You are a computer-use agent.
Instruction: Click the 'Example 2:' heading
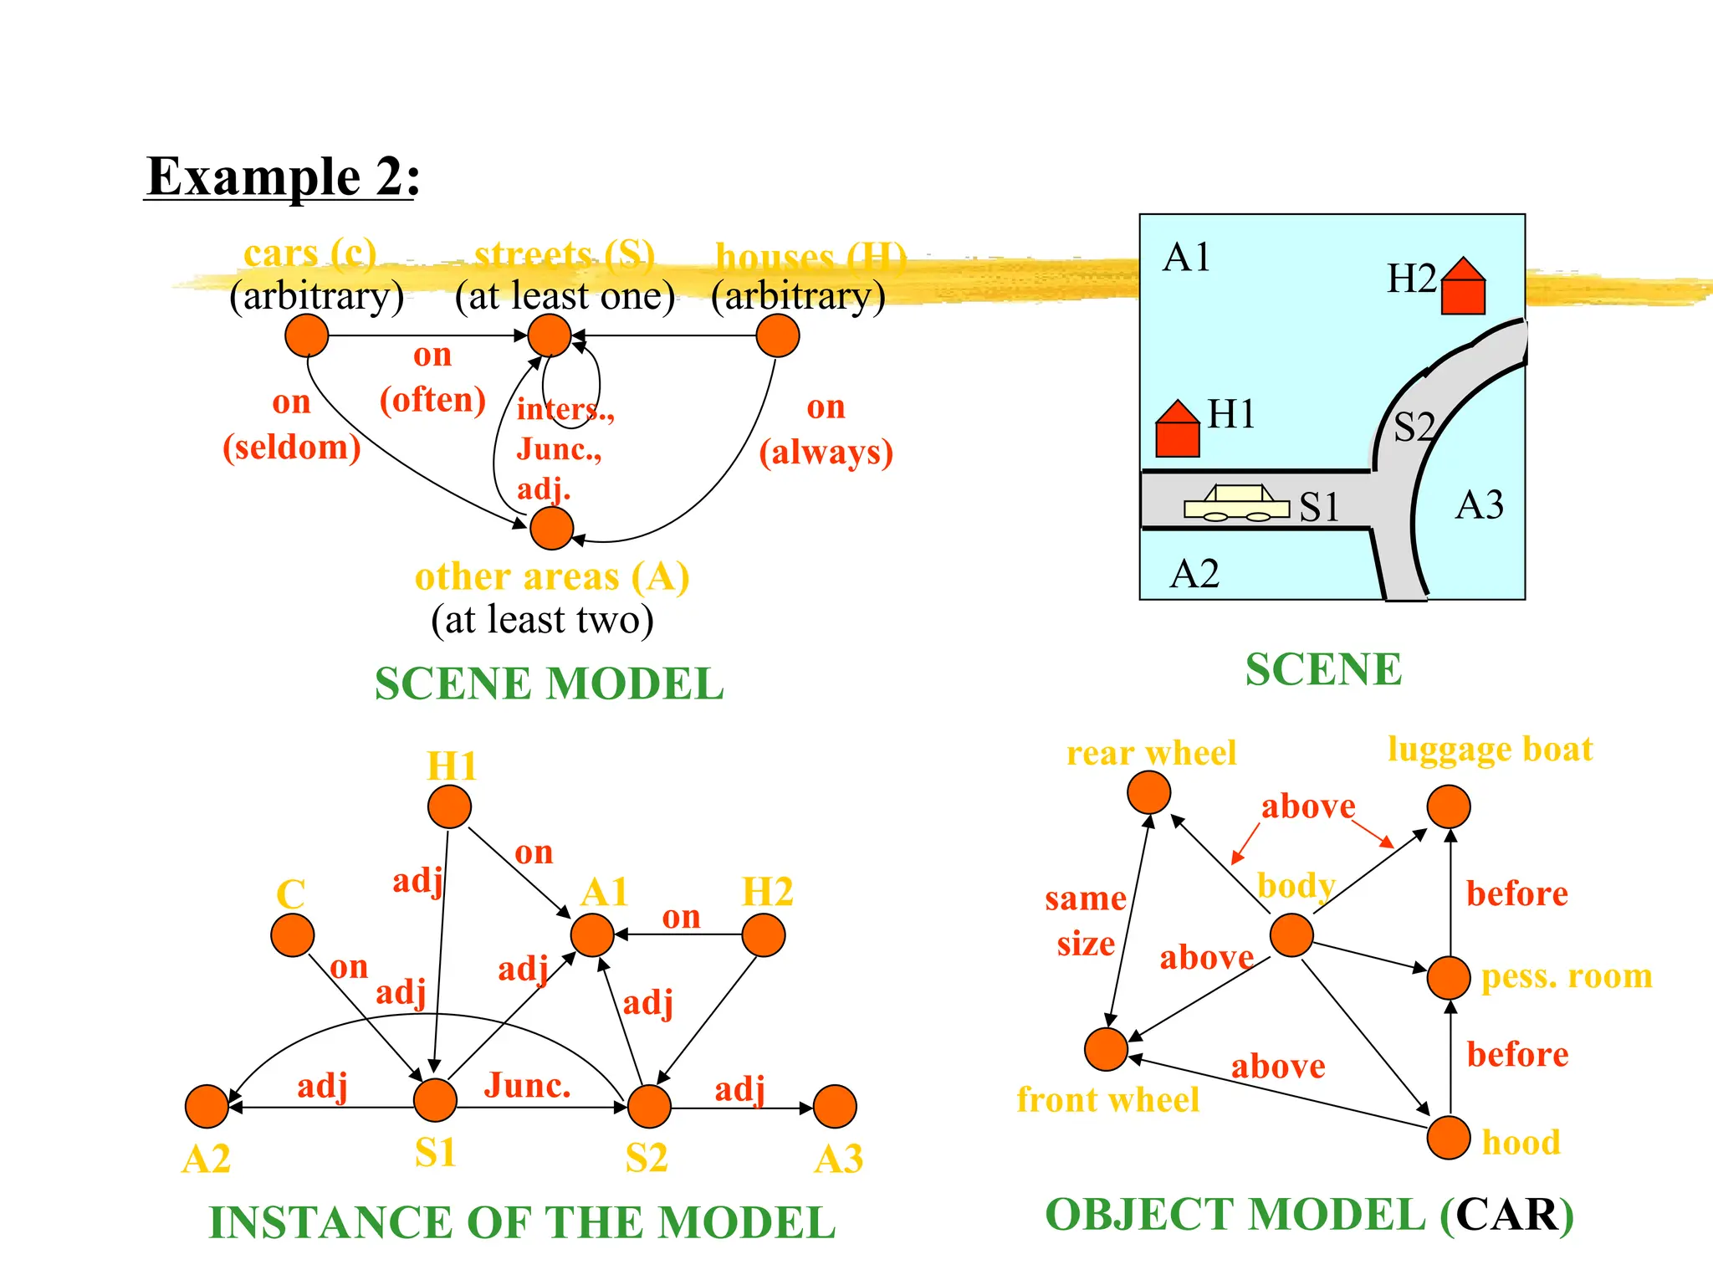tap(283, 177)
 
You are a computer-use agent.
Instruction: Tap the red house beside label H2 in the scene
tap(1463, 287)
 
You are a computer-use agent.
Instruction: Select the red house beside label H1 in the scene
tap(1177, 430)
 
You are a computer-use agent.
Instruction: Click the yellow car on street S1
tap(1236, 504)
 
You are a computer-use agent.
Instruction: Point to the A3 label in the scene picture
tap(1479, 505)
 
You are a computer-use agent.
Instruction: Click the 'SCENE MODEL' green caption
tap(549, 683)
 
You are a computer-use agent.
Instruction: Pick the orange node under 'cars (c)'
tap(307, 335)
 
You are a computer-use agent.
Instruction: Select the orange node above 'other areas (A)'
tap(551, 528)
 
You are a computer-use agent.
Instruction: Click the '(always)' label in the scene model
tap(826, 453)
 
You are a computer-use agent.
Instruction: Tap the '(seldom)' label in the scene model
tap(291, 448)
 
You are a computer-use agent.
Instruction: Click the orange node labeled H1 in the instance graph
tap(449, 806)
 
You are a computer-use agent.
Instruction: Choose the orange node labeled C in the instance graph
tap(293, 934)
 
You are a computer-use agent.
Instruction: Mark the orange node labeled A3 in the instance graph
tap(835, 1107)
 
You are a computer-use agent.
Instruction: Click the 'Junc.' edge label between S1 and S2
tap(527, 1085)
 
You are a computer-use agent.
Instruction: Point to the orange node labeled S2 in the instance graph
tap(649, 1107)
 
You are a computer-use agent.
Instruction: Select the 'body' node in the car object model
tap(1291, 934)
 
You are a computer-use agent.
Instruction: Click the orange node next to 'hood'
tap(1449, 1137)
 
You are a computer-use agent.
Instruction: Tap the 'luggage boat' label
tap(1490, 749)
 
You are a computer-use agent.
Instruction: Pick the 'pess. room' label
tap(1567, 976)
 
